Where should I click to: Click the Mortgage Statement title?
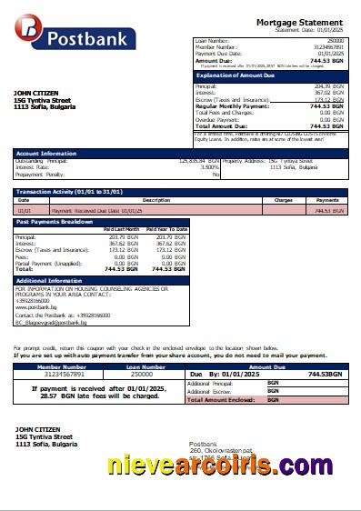(299, 22)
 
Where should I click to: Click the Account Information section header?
(41, 154)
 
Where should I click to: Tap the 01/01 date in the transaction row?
(25, 210)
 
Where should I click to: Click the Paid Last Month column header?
(121, 228)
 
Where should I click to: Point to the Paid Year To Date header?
(167, 228)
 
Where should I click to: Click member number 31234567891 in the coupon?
(58, 374)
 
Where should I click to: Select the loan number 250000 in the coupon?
(141, 374)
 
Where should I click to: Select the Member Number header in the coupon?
(58, 366)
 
